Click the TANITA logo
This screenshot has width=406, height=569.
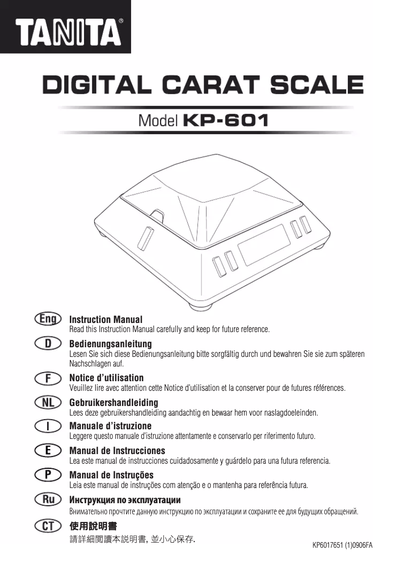point(68,31)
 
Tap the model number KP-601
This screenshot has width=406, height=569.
point(225,120)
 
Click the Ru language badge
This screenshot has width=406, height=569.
point(48,499)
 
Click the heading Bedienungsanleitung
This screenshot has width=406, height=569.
point(110,344)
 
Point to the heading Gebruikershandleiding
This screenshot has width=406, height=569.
point(113,402)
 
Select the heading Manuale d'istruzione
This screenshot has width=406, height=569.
point(110,426)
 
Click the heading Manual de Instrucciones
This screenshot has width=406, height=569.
point(117,451)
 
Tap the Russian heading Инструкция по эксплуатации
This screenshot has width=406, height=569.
point(125,500)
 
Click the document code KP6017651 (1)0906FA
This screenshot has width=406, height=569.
point(343,546)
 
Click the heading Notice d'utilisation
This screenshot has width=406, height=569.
point(106,378)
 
